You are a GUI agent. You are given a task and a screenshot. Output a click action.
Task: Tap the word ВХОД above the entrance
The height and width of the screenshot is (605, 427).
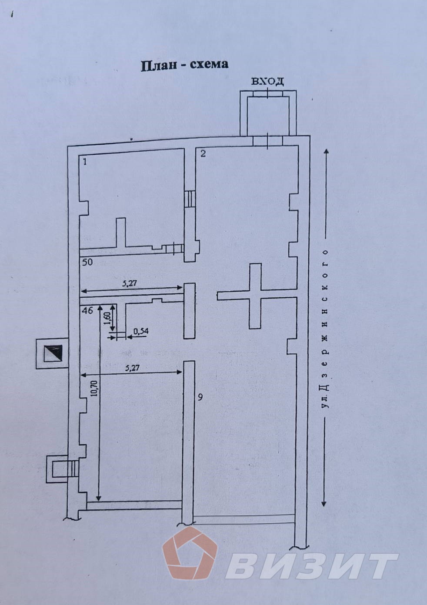click(x=267, y=81)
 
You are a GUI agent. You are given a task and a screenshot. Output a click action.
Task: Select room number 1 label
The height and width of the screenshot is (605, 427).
click(x=85, y=162)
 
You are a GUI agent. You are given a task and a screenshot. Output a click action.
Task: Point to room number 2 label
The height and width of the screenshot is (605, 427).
click(x=203, y=153)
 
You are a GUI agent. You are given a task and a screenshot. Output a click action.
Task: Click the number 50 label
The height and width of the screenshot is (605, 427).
click(x=88, y=262)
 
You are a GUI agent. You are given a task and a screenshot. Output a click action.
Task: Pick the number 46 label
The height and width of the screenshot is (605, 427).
click(x=87, y=310)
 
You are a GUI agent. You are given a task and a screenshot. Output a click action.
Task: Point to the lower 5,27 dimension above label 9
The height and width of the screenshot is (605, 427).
click(x=132, y=368)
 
